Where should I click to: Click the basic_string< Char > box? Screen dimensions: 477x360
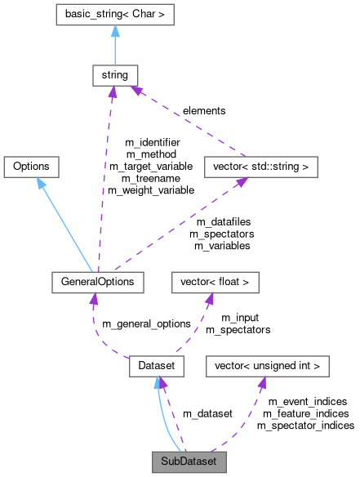[x=114, y=15]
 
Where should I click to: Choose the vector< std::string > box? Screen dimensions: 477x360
[x=260, y=167]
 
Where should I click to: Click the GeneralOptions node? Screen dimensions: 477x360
[x=97, y=282]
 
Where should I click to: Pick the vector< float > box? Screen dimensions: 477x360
[x=215, y=282]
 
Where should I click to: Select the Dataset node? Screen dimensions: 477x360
[x=156, y=367]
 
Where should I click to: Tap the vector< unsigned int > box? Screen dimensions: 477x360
[x=267, y=367]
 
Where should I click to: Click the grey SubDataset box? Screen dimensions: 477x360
[x=189, y=461]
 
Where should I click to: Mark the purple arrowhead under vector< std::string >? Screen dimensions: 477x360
[x=242, y=184]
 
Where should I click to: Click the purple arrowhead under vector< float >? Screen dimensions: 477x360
[x=209, y=300]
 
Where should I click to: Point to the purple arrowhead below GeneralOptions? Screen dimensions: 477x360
[x=94, y=300]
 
